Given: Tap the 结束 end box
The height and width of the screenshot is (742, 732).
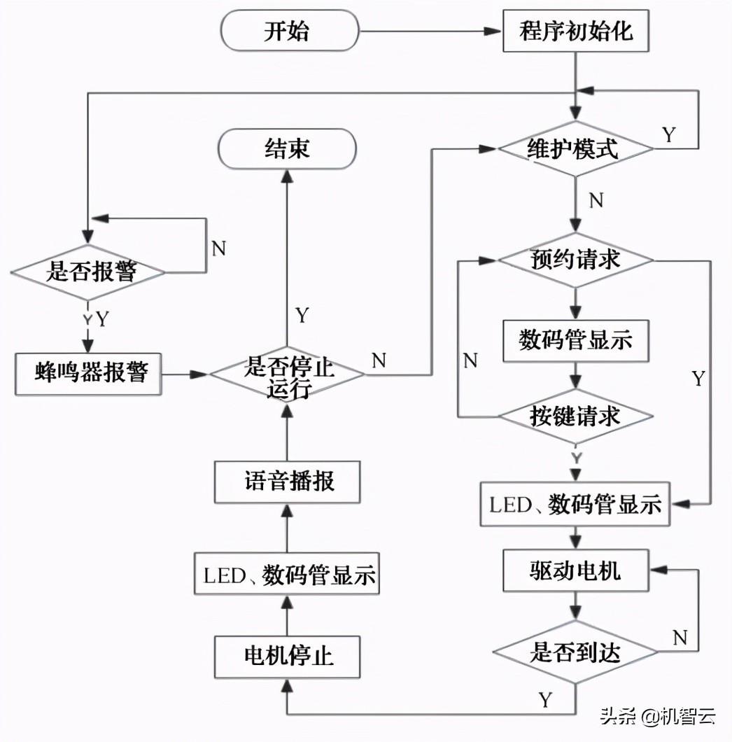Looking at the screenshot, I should (287, 148).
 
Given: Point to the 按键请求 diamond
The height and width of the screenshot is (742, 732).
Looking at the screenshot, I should (575, 416).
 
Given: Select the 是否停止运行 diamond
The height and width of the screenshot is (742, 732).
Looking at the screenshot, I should (288, 374).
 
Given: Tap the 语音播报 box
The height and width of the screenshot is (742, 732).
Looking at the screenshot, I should (288, 482).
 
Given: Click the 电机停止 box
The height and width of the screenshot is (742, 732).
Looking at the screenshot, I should (288, 656).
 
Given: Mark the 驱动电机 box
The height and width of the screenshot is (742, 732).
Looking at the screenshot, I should (575, 570).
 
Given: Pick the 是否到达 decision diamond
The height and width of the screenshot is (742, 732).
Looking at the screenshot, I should (575, 653).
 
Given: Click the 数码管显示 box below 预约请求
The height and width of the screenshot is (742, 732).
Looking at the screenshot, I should (575, 340).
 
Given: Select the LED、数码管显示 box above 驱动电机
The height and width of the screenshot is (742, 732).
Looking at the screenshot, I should (575, 504).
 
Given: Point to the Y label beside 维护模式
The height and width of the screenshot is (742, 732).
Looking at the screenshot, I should (669, 135).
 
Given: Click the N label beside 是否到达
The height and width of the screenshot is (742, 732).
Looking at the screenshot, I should (680, 637).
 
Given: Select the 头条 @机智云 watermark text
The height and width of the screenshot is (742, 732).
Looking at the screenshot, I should (657, 716).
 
